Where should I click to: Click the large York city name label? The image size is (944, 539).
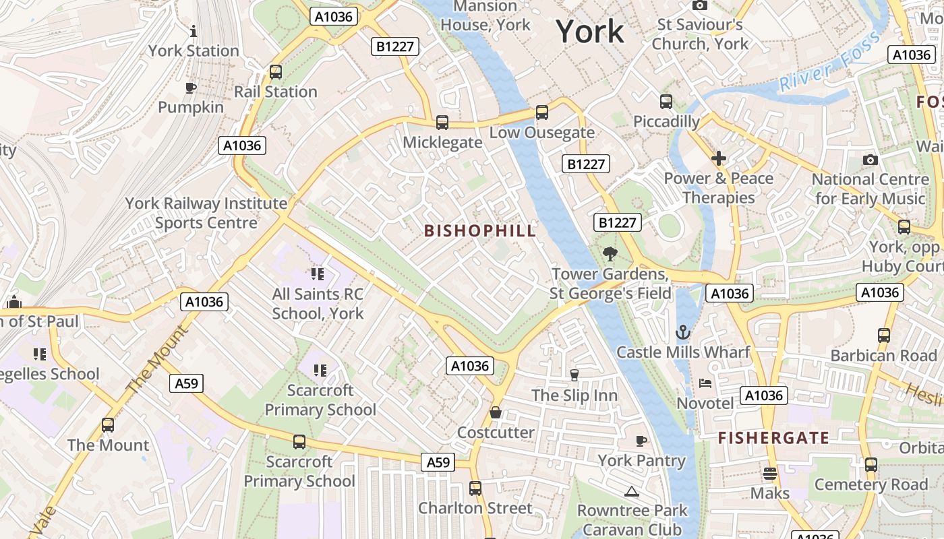tap(590, 32)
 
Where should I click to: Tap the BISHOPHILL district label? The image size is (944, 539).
tap(480, 230)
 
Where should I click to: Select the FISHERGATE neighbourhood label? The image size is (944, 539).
tap(773, 438)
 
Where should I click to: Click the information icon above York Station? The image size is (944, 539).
tap(194, 31)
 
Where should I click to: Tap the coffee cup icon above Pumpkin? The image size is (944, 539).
tap(191, 88)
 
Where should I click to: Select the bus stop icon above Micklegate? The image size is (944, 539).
tap(442, 123)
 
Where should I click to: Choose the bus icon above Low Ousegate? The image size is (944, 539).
tap(542, 113)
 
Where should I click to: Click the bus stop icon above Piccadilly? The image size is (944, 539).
tap(666, 102)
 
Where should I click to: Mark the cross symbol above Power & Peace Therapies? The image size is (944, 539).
tap(719, 158)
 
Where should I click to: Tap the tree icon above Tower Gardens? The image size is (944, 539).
tap(610, 254)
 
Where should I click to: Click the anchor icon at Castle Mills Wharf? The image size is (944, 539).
tap(683, 332)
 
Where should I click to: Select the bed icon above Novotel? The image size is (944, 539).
tap(705, 383)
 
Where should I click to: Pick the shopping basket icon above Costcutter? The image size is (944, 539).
tap(496, 412)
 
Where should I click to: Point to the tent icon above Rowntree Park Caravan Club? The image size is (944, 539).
tap(631, 491)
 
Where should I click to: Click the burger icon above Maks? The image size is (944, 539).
tap(769, 473)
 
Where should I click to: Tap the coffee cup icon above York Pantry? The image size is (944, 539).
tap(641, 441)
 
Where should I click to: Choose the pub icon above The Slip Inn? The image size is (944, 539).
tap(574, 375)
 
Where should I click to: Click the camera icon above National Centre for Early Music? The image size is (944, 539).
tap(871, 160)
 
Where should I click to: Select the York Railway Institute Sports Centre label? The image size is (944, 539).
tap(206, 213)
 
